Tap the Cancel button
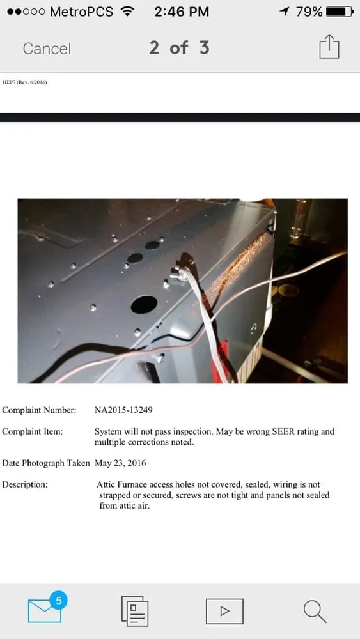click(47, 49)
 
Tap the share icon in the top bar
click(329, 47)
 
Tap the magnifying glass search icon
click(315, 611)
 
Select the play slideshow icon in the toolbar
click(224, 611)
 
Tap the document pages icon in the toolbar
click(135, 611)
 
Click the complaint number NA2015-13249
click(123, 410)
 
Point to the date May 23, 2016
click(120, 463)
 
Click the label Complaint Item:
click(33, 431)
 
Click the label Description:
click(25, 484)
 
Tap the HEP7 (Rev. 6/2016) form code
click(25, 82)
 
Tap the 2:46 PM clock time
click(182, 12)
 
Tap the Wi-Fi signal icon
click(127, 12)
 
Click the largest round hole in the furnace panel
click(144, 304)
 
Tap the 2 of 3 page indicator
click(179, 48)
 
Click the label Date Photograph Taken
click(47, 463)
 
